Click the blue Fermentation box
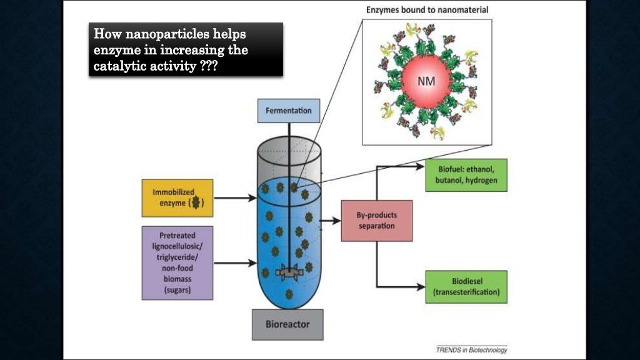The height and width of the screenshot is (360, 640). (x=288, y=111)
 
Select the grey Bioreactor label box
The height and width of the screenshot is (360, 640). (x=287, y=325)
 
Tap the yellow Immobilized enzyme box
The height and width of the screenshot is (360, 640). (x=177, y=197)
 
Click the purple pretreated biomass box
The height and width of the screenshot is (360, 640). (x=177, y=262)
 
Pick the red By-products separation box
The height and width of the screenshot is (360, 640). (x=377, y=221)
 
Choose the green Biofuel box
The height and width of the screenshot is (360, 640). (x=466, y=175)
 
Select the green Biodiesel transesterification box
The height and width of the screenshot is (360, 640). (x=466, y=287)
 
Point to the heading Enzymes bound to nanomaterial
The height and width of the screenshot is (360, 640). (x=427, y=10)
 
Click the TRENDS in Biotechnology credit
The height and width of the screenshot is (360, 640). (x=471, y=350)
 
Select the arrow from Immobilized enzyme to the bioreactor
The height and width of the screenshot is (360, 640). (x=235, y=198)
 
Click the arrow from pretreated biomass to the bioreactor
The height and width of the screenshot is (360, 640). (x=235, y=262)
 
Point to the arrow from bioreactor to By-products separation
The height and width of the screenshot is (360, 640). (x=329, y=221)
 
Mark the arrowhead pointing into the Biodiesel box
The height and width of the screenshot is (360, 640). (x=421, y=287)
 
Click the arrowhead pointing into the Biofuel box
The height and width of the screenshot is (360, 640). (x=421, y=167)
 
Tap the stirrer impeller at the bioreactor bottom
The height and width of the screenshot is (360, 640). (x=289, y=272)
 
